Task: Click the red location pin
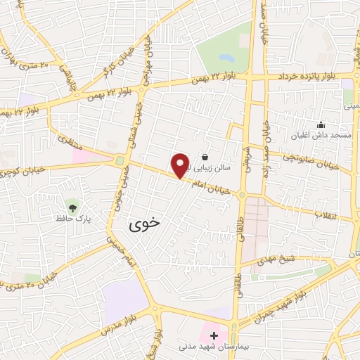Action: pos(181,165)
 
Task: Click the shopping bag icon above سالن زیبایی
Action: pos(205,157)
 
